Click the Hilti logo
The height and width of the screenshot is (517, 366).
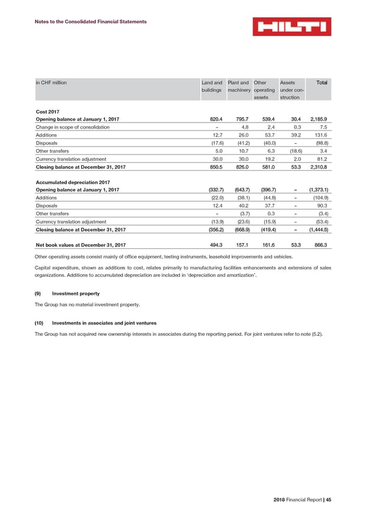(x=292, y=27)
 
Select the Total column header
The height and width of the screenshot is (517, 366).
(x=321, y=82)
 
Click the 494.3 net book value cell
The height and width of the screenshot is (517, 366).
(x=214, y=244)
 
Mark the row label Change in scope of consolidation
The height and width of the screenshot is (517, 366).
(x=73, y=127)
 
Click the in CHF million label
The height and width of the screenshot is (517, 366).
(x=51, y=82)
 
